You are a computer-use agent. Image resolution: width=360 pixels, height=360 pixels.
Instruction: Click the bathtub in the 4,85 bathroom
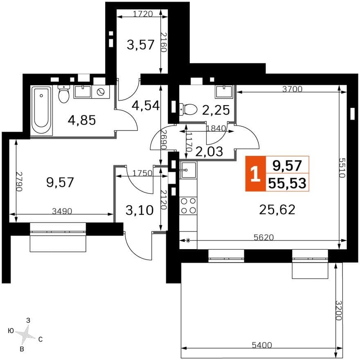click(x=42, y=111)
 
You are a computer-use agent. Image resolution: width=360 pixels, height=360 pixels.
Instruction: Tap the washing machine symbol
click(x=101, y=92)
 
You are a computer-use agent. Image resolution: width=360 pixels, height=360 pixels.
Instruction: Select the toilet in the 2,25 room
click(x=188, y=109)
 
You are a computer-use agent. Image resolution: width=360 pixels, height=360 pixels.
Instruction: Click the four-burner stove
click(x=188, y=205)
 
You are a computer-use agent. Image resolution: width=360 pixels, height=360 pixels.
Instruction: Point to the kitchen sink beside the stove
click(x=188, y=170)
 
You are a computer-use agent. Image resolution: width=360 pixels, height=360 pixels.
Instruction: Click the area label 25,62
click(x=277, y=209)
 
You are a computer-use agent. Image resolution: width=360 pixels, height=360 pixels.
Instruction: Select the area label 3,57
click(x=140, y=45)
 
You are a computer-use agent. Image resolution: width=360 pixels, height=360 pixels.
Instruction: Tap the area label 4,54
click(x=146, y=106)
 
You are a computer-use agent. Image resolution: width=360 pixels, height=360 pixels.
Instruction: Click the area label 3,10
click(x=139, y=210)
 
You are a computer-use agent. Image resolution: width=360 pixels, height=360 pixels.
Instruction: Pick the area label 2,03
click(x=209, y=151)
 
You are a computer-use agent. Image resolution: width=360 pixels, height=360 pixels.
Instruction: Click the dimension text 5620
click(x=264, y=237)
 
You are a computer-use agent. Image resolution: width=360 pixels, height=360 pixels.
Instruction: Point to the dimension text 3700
click(x=292, y=89)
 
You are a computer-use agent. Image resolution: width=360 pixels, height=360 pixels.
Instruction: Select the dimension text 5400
click(x=262, y=345)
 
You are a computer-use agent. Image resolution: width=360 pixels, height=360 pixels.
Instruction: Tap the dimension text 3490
click(x=62, y=211)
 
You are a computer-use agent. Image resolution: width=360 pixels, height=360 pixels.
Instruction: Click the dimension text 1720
click(x=143, y=14)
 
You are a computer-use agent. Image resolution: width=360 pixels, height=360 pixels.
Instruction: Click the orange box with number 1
click(x=256, y=173)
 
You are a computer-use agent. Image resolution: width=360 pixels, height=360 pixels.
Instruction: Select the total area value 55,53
click(x=287, y=183)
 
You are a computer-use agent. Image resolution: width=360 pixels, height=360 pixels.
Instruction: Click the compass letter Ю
click(x=11, y=331)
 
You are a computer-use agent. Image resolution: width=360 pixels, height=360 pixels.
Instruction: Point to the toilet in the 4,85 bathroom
click(x=63, y=94)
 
